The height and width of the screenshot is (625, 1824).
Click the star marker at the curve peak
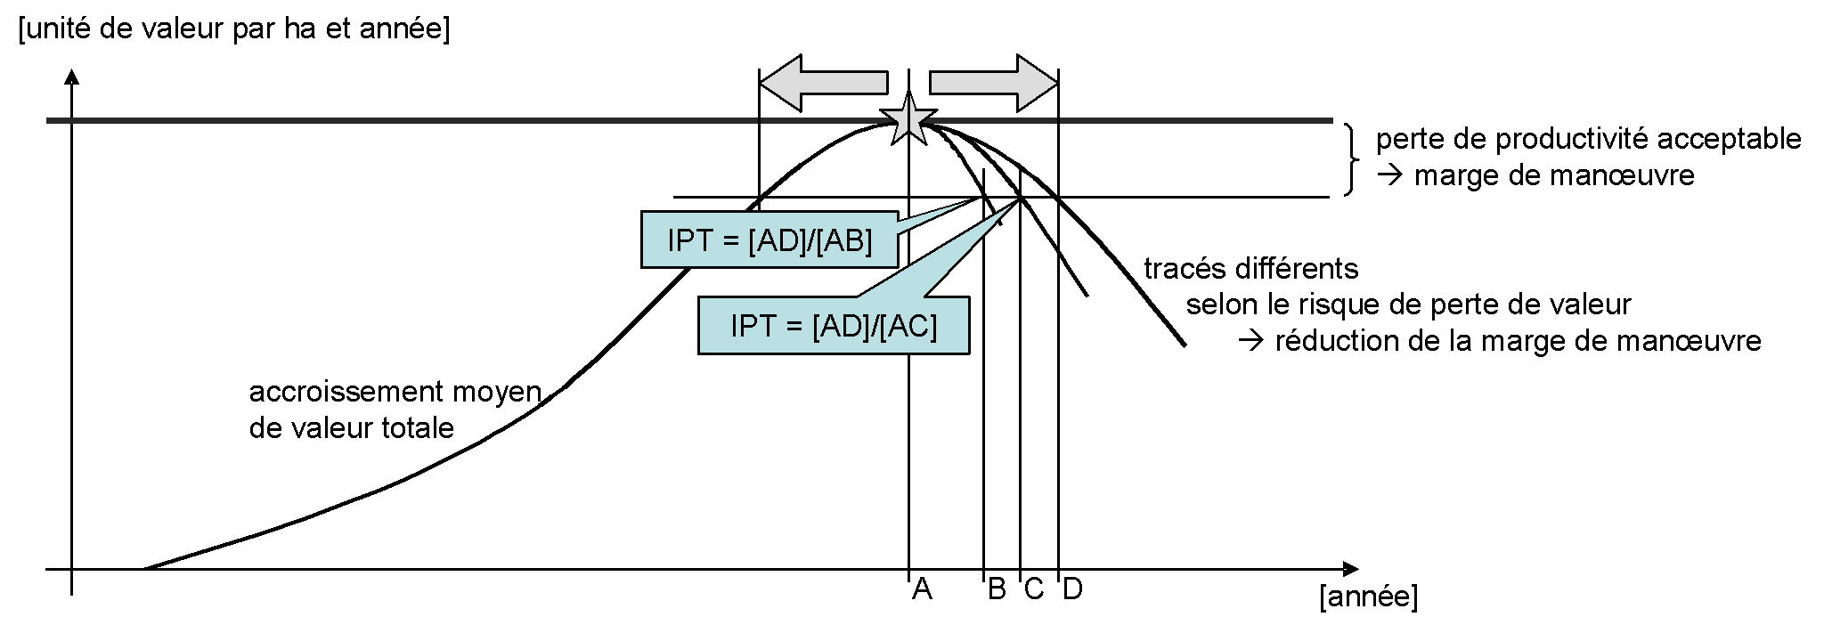tap(908, 118)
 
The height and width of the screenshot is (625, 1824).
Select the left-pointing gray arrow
tap(824, 83)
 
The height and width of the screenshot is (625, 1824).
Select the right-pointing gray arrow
tap(993, 83)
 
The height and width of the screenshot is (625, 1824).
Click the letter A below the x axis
tap(922, 589)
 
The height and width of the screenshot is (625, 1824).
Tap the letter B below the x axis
tap(997, 589)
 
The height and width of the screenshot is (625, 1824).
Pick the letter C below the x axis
tap(1033, 589)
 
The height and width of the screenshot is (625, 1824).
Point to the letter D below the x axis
tap(1072, 589)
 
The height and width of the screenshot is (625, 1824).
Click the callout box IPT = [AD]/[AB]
tap(769, 239)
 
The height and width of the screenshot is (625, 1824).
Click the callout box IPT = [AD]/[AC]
tap(833, 325)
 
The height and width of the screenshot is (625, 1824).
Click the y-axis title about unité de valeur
tap(233, 29)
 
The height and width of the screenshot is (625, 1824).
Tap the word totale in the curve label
tap(419, 428)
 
